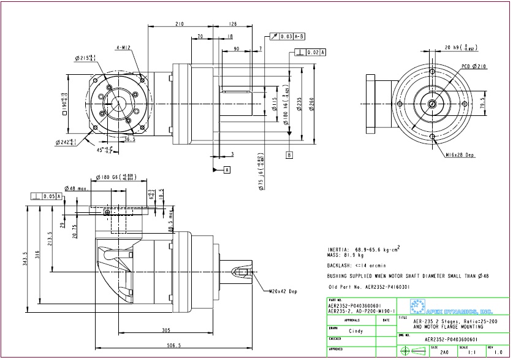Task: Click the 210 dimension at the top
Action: (180, 24)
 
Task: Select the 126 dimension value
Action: (232, 24)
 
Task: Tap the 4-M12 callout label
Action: (121, 47)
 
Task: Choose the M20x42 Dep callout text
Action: (284, 290)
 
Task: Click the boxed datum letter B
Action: (289, 155)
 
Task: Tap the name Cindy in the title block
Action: (355, 331)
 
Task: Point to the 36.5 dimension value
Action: (129, 139)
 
